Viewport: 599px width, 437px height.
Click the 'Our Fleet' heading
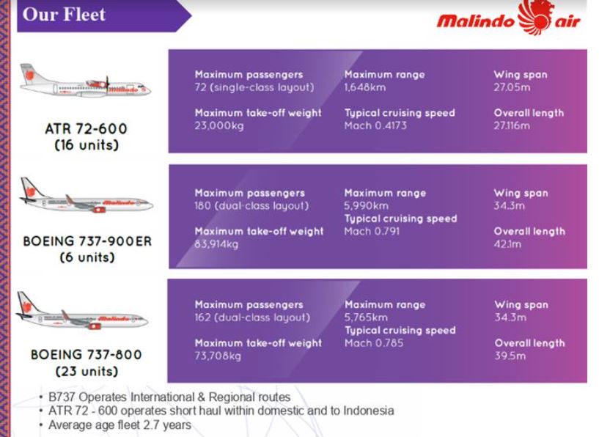(64, 15)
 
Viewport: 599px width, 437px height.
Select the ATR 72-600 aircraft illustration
(85, 81)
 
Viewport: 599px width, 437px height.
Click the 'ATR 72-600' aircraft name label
(86, 129)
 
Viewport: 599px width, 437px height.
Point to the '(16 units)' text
(87, 145)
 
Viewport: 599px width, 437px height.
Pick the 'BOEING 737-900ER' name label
(87, 241)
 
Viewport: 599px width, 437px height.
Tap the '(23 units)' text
(87, 371)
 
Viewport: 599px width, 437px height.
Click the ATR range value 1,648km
(365, 87)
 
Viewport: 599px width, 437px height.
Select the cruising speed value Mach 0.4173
(375, 125)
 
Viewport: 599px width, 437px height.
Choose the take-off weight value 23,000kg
(219, 125)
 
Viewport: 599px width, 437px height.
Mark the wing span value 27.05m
(512, 87)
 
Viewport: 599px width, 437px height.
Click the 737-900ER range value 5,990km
(366, 206)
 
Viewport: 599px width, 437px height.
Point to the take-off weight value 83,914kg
(216, 244)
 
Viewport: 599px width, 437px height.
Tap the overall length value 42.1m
(507, 244)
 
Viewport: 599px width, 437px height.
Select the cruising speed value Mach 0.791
(372, 232)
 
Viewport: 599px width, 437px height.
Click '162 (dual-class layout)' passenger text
(252, 317)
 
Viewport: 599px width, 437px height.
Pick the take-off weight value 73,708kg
(218, 356)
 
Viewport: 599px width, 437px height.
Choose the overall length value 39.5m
(510, 356)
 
